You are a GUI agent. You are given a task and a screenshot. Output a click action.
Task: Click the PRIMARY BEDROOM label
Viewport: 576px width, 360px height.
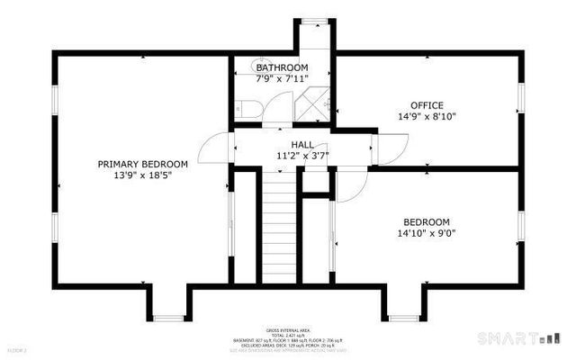click(143, 164)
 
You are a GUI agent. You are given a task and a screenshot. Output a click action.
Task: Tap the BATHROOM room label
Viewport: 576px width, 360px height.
click(282, 67)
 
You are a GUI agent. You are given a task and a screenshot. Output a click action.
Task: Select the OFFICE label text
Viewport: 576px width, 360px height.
click(427, 105)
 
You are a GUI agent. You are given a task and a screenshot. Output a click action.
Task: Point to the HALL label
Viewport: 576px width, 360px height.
click(301, 144)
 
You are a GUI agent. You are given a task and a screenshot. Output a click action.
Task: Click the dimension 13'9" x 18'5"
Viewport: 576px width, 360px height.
click(143, 175)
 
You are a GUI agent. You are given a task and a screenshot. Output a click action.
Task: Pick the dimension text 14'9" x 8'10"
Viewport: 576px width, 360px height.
click(427, 116)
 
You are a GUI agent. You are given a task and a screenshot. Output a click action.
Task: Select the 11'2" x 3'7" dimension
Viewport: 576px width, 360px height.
click(301, 155)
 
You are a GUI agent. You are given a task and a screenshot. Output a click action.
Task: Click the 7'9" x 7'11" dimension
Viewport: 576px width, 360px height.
click(282, 78)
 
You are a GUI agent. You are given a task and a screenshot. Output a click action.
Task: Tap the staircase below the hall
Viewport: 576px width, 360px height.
click(280, 225)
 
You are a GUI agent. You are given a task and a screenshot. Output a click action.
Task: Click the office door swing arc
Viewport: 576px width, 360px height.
click(392, 148)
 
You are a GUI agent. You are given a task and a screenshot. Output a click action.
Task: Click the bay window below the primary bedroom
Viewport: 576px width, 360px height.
click(168, 318)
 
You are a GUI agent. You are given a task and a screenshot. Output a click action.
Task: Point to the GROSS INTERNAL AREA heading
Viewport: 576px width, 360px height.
click(287, 330)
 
